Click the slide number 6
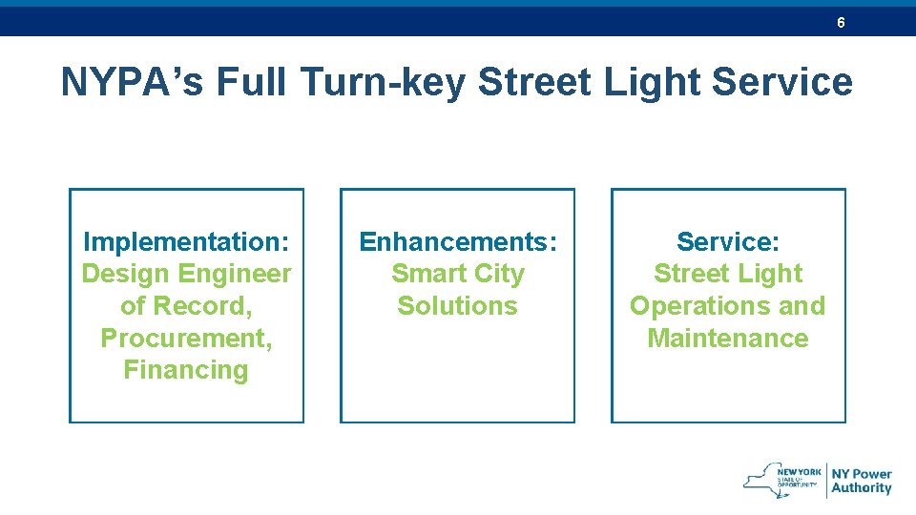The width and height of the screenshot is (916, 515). pyautogui.click(x=841, y=22)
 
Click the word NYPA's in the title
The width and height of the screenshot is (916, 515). pyautogui.click(x=132, y=83)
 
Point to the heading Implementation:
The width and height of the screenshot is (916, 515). pyautogui.click(x=186, y=241)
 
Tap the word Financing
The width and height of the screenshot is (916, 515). pyautogui.click(x=186, y=370)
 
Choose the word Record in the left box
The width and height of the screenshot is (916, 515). pyautogui.click(x=204, y=306)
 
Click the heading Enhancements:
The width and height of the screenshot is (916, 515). pyautogui.click(x=457, y=241)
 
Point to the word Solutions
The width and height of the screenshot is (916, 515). pyautogui.click(x=457, y=306)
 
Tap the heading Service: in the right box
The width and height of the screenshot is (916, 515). pyautogui.click(x=728, y=241)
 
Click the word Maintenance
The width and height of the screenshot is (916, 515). pyautogui.click(x=728, y=339)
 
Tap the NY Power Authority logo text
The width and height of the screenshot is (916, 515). pyautogui.click(x=861, y=481)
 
